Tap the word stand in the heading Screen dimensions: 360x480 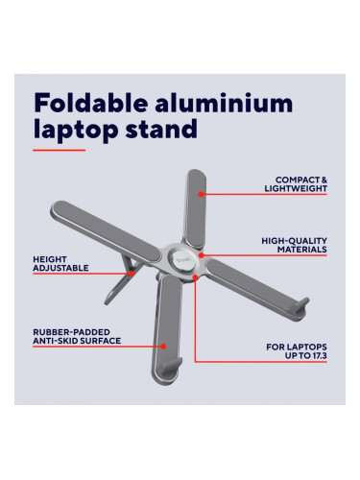pos(161,129)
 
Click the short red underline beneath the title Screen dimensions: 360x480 pos(60,150)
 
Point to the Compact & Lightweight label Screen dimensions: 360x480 pos(296,184)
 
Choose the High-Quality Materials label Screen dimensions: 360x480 pos(294,245)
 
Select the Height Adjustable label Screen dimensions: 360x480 pos(60,264)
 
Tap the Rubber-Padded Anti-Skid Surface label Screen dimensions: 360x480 pos(77,336)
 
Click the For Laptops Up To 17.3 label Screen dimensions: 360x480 pos(297,351)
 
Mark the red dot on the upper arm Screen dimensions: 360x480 pos(201,194)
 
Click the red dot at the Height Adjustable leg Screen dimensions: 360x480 pos(131,274)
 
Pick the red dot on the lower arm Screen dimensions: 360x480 pos(163,347)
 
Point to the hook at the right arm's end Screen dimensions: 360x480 pos(300,304)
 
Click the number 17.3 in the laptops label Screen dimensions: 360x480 pos(319,355)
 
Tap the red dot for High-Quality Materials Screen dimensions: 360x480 pos(201,255)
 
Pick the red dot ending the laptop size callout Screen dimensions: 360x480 pos(195,277)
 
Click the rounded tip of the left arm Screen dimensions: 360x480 pos(57,208)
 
